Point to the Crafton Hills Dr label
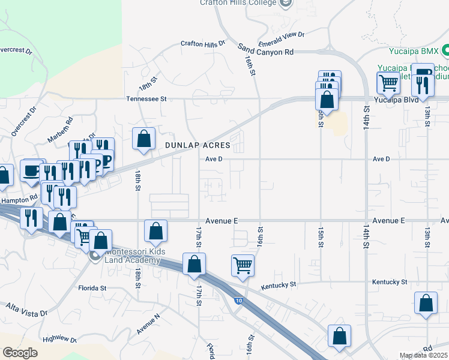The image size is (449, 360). click(x=203, y=43)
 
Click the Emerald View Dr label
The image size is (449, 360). click(x=282, y=38)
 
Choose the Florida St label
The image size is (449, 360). click(x=92, y=288)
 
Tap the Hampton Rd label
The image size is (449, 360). click(x=18, y=200)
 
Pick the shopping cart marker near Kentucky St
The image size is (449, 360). click(x=243, y=264)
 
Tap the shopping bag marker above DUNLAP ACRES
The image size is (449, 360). click(x=144, y=138)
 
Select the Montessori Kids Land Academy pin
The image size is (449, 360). click(x=95, y=256)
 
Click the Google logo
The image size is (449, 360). click(x=20, y=353)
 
